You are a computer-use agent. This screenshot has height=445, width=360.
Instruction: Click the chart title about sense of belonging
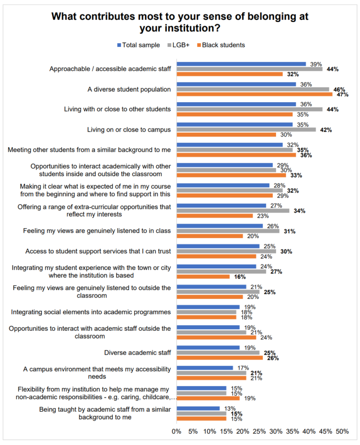[180, 22]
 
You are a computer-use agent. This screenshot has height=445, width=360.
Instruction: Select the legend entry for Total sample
[138, 45]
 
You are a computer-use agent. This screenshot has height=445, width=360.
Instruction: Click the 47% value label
[339, 94]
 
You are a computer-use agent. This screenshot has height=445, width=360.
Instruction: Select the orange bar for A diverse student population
[254, 94]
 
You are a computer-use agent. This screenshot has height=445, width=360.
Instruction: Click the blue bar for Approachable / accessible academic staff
[241, 64]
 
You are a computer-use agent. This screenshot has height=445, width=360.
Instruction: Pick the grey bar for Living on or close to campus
[246, 130]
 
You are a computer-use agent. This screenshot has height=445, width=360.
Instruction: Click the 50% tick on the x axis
[342, 431]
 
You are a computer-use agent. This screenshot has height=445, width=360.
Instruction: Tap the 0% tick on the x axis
[177, 431]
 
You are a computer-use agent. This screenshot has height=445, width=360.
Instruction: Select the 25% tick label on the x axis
[259, 431]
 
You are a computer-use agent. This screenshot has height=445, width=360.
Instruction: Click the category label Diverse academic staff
[137, 353]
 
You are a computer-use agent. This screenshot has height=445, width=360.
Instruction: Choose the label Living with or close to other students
[117, 109]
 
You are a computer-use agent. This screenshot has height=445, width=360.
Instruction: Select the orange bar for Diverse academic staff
[219, 358]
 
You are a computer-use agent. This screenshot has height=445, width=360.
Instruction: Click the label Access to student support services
[98, 251]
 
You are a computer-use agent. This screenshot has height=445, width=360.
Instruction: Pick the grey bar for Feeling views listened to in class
[228, 230]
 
